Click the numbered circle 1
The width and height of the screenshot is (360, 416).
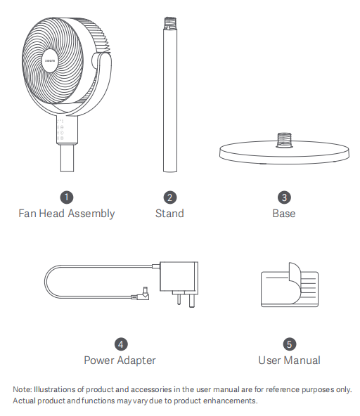67,197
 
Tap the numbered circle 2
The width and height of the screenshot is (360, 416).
170,197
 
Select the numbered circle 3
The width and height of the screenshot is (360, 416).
284,197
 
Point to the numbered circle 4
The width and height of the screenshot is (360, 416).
121,344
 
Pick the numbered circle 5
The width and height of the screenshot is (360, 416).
290,344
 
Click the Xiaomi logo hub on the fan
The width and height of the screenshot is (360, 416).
50,60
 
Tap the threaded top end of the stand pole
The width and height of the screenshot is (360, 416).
170,22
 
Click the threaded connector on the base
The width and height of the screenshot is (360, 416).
284,140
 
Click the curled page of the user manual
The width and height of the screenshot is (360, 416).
295,282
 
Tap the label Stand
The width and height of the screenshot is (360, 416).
169,214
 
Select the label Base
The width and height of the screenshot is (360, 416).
284,214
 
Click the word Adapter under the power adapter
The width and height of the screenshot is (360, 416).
136,360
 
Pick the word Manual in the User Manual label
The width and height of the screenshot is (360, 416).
302,360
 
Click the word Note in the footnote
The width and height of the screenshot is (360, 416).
22,389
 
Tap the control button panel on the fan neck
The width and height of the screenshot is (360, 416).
60,129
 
